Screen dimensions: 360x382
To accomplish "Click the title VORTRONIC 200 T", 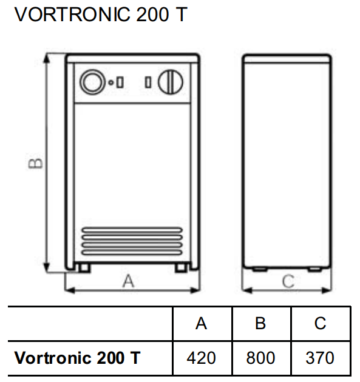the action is click(101, 15).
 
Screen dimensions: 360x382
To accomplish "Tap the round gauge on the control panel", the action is click(92, 82).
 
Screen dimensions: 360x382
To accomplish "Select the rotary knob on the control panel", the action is click(170, 82).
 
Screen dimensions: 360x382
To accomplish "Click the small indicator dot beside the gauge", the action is click(111, 82).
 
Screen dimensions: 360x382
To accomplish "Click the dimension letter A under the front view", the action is click(128, 281).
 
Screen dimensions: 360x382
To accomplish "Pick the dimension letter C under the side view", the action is click(288, 281).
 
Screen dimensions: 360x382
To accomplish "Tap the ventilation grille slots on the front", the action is click(132, 241).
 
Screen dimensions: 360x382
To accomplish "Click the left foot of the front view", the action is click(84, 267).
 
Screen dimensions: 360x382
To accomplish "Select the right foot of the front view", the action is click(181, 267).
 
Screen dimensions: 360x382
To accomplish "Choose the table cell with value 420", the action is click(202, 358).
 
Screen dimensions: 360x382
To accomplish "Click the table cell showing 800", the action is click(260, 358).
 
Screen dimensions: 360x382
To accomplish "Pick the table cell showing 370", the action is click(320, 358).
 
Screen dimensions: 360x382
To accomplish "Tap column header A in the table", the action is click(201, 324).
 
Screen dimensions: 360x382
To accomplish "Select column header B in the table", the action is click(260, 324).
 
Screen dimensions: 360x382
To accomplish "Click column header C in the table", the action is click(321, 324).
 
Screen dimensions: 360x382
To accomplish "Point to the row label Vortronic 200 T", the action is click(77, 358).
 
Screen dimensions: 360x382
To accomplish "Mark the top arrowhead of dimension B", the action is click(46, 58).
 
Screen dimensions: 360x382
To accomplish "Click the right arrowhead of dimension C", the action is click(327, 290).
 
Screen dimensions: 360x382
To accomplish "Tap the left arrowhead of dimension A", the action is click(70, 290).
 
